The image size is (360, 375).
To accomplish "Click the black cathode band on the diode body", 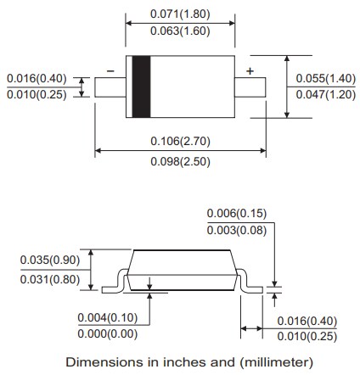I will point(137,87).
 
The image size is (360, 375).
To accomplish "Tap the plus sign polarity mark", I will point(249,70).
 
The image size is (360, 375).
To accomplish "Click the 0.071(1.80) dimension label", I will point(180,14).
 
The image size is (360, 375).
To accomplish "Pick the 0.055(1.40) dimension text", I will point(326,78).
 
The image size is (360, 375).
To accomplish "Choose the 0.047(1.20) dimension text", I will point(326,95).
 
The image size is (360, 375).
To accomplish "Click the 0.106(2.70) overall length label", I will point(180,142).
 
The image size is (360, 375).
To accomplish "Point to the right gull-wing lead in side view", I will point(248,284).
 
